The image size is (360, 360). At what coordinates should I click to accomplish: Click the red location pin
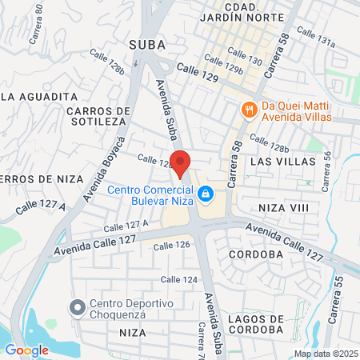coord(181,163)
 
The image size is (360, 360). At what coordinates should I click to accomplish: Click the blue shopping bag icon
coord(206,194)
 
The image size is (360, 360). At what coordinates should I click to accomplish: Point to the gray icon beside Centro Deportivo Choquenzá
coord(78,306)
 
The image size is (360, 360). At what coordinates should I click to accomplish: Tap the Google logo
coord(26,350)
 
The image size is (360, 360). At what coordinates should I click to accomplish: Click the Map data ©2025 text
coord(325,354)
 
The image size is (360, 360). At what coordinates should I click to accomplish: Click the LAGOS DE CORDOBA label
coord(255,323)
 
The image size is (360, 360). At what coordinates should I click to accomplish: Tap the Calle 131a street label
coord(315,38)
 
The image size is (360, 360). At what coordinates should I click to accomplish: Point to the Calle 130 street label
coord(244,55)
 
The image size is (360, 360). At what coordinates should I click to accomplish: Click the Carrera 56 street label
coord(326,171)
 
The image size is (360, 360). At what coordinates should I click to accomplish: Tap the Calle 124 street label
coord(178,279)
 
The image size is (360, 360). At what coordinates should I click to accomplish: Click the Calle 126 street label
coord(174,245)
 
